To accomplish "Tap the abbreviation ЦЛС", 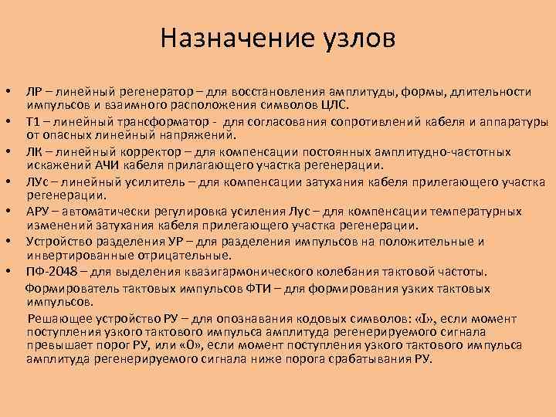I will pyautogui.click(x=334, y=104).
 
